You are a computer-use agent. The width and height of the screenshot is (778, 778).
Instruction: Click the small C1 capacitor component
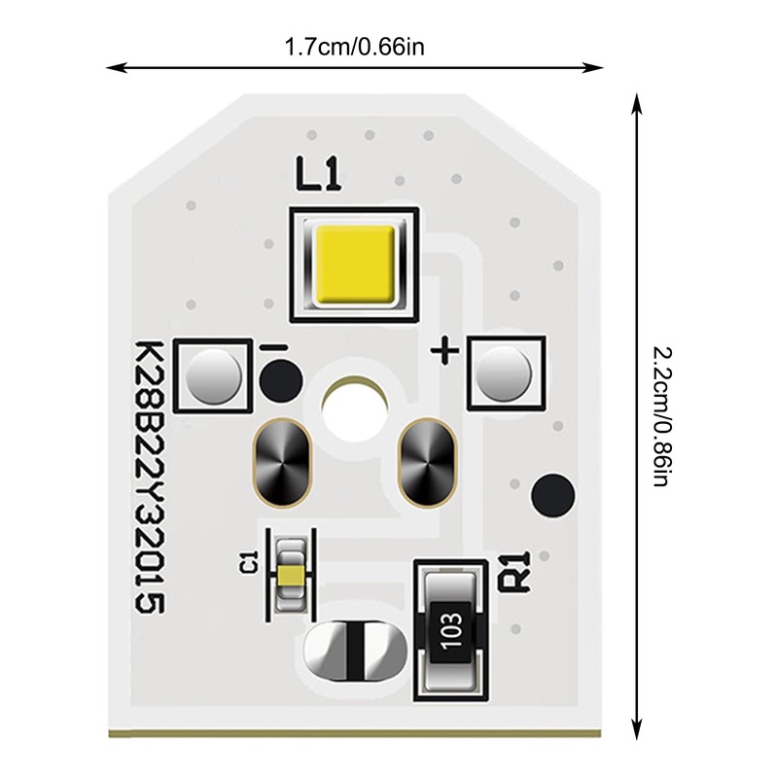[288, 574]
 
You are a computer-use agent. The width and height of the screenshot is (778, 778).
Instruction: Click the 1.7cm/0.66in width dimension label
[355, 44]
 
